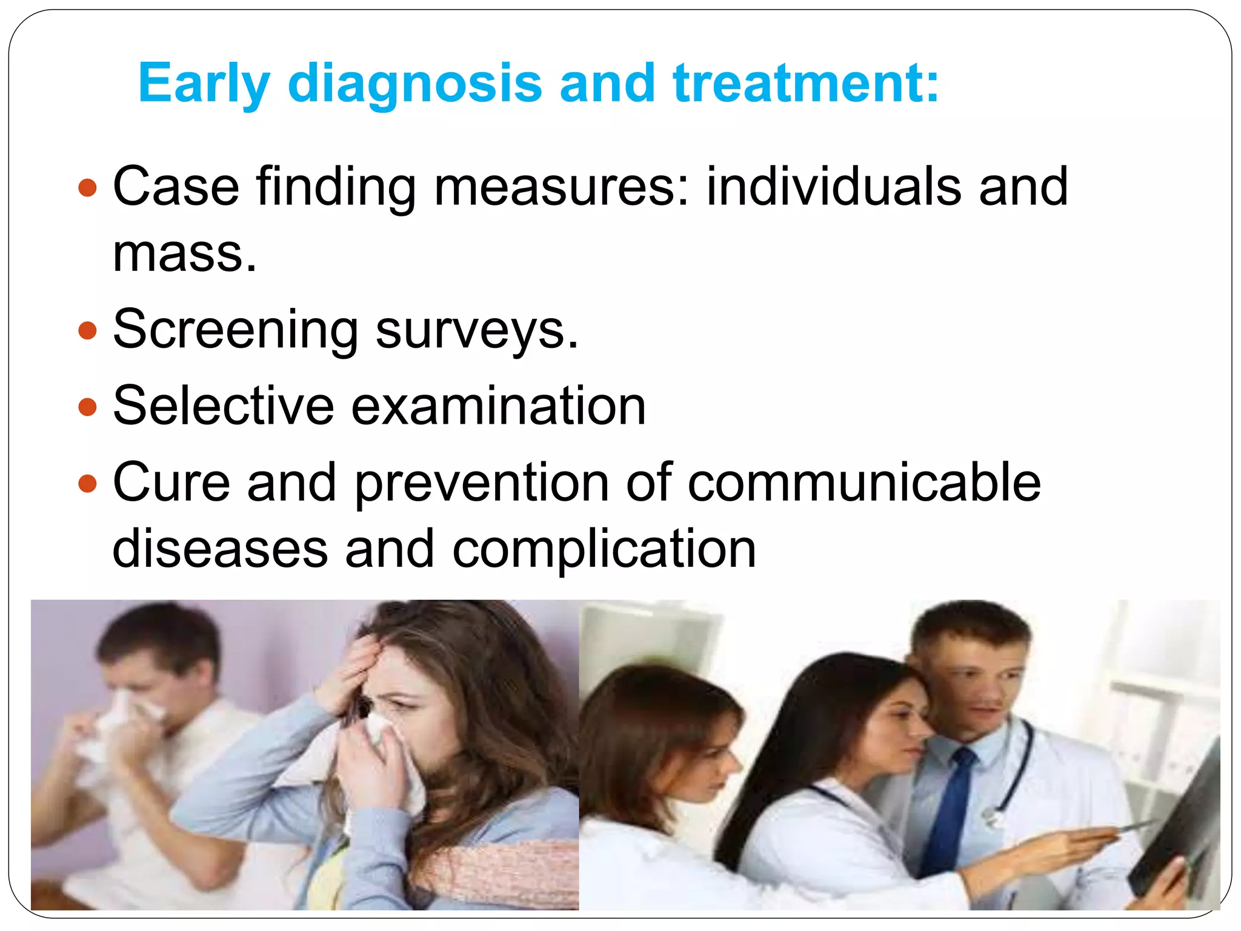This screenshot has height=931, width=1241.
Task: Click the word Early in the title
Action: point(204,84)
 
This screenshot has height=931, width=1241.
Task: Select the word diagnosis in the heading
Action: point(414,84)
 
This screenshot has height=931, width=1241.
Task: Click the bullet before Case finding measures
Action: point(88,187)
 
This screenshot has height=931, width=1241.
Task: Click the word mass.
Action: point(185,253)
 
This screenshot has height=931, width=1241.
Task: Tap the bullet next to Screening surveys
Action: point(88,330)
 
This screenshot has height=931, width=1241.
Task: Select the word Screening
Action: point(236,330)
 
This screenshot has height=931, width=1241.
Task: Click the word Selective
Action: point(223,405)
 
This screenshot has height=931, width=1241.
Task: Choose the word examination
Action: point(498,405)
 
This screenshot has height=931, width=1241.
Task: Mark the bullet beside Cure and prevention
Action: point(88,483)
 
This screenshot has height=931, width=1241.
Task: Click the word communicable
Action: point(864,483)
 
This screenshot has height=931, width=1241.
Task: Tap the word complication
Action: point(604,549)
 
